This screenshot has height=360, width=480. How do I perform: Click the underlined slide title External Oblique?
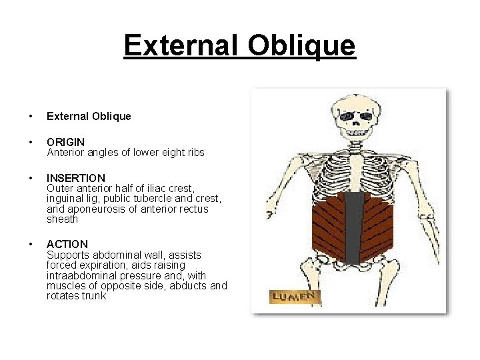tap(239, 46)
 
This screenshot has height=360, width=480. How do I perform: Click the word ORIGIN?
tap(65, 142)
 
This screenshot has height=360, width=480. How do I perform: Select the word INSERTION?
tap(76, 178)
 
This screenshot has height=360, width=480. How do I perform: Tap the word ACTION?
tap(67, 244)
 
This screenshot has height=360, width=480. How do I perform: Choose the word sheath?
tap(62, 219)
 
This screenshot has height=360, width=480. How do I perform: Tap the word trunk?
tap(93, 295)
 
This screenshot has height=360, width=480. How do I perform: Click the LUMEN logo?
tap(295, 297)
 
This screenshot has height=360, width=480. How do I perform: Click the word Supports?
tap(67, 255)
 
